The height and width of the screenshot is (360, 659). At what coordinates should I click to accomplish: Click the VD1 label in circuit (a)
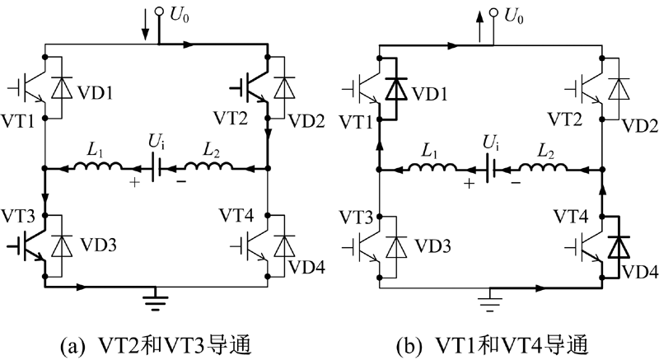96,93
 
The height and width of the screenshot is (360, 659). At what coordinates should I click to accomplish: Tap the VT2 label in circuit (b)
565,119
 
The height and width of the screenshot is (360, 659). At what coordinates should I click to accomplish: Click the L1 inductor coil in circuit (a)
98,166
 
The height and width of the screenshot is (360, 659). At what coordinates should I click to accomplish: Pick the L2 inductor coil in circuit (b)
543,166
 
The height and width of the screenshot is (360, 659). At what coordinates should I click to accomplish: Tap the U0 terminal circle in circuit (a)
159,12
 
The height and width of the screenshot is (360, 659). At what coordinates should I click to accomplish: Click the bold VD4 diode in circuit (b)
619,247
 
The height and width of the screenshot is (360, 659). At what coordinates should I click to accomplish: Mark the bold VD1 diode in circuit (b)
397,89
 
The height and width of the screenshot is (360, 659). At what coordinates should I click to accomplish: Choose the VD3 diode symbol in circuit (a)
62,246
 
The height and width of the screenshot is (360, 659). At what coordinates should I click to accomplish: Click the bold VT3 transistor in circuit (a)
28,245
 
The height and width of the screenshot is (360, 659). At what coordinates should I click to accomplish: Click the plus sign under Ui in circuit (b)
469,183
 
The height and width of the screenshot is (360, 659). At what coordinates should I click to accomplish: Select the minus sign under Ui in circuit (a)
180,182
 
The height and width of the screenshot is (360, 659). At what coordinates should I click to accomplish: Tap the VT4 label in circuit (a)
236,216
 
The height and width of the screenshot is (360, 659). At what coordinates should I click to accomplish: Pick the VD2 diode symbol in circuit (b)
619,89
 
